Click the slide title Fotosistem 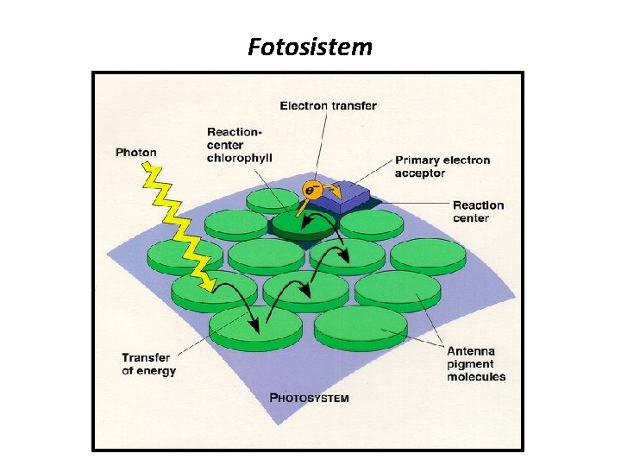pos(310,46)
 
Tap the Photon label pos(136,153)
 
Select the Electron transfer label pos(328,105)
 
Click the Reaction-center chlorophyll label pos(239,145)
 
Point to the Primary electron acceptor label pos(442,167)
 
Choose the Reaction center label pos(478,211)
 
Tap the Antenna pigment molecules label pos(475,363)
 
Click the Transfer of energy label pos(148,364)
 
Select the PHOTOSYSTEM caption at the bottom pos(310,398)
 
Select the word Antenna pos(471,350)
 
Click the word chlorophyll pos(239,158)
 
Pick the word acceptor pos(420,173)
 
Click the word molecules pos(476,376)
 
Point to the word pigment pos(469,363)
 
